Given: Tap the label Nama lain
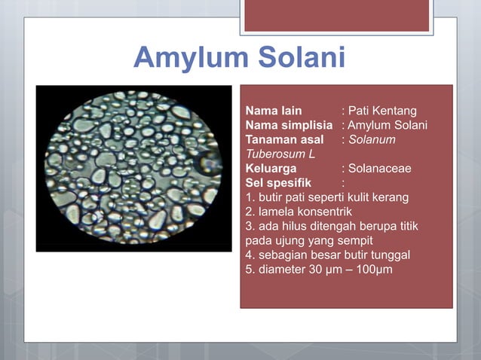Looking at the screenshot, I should [x=274, y=111].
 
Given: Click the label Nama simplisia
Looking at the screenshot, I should [x=290, y=126].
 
